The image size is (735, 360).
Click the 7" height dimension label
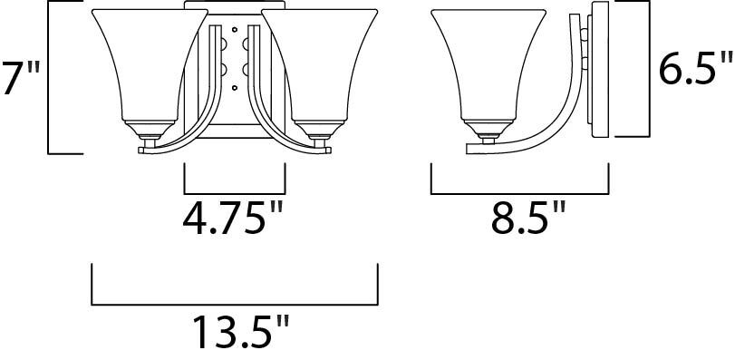tap(20, 77)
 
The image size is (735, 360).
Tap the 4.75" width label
tap(233, 218)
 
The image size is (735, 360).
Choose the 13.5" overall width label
tap(241, 331)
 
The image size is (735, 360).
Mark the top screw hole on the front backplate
tap(235, 30)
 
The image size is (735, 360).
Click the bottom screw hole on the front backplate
tap(235, 87)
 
